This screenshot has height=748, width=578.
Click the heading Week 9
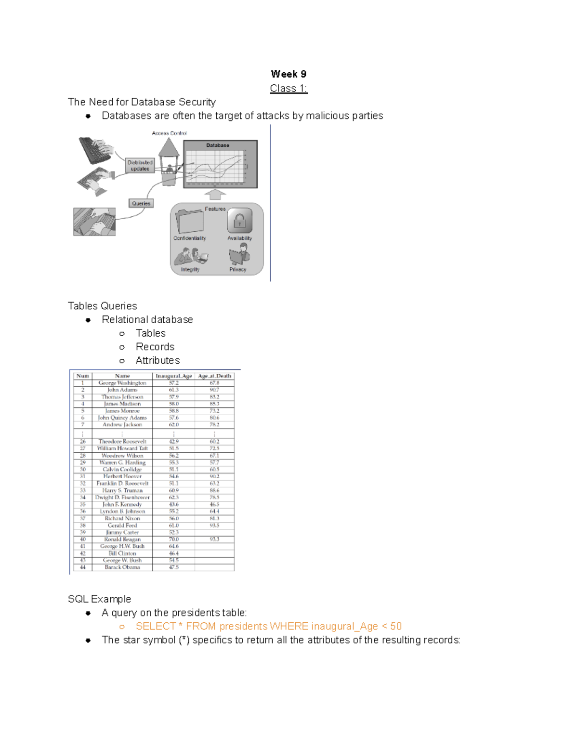[x=289, y=74]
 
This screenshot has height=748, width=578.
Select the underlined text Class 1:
[x=289, y=88]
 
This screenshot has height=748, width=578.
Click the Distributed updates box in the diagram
[x=140, y=166]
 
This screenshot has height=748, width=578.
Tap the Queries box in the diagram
[x=141, y=203]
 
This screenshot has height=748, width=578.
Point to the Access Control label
[x=169, y=133]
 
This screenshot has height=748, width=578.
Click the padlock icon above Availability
[x=239, y=221]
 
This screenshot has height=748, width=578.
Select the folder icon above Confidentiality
[x=190, y=221]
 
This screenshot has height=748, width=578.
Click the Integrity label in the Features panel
[x=190, y=270]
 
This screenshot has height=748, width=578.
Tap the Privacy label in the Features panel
[x=237, y=270]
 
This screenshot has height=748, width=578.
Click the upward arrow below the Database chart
[x=215, y=194]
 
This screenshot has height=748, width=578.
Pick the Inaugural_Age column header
[x=173, y=376]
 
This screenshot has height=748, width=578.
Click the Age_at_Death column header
[x=214, y=376]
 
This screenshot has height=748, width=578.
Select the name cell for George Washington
[x=122, y=383]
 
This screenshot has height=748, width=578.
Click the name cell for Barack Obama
[x=122, y=567]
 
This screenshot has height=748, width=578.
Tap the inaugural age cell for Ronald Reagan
[x=173, y=539]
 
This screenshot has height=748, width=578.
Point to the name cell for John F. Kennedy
[x=122, y=504]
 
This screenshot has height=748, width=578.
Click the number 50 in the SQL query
[x=395, y=626]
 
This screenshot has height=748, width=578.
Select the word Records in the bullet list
[x=155, y=347]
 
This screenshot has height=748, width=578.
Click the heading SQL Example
[x=99, y=599]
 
